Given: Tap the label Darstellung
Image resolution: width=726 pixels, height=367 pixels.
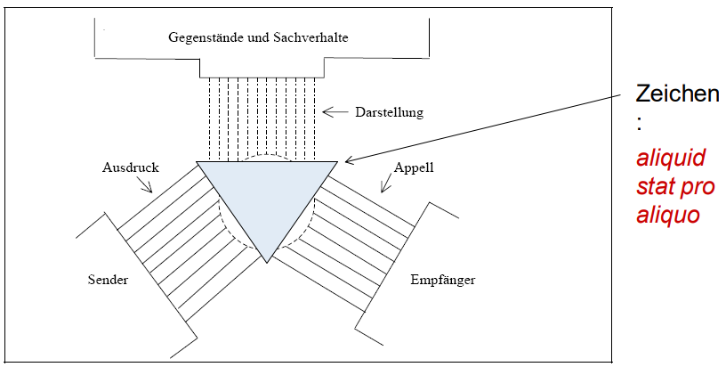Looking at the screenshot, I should click(390, 112).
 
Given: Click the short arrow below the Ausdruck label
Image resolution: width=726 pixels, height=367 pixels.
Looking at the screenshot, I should click(146, 184).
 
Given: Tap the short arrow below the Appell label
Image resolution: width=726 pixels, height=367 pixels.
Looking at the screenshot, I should click(388, 184).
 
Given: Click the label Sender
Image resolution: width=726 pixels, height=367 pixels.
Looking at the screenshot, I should click(108, 280).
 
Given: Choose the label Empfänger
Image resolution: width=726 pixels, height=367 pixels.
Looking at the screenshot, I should click(443, 280).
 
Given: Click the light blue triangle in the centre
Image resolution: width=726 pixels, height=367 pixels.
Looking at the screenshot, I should click(267, 196).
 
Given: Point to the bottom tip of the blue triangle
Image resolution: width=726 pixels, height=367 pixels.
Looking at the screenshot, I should click(268, 262).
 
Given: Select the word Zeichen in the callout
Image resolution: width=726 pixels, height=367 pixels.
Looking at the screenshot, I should click(677, 95).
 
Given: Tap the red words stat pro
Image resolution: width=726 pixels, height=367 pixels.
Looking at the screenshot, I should click(676, 188).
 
